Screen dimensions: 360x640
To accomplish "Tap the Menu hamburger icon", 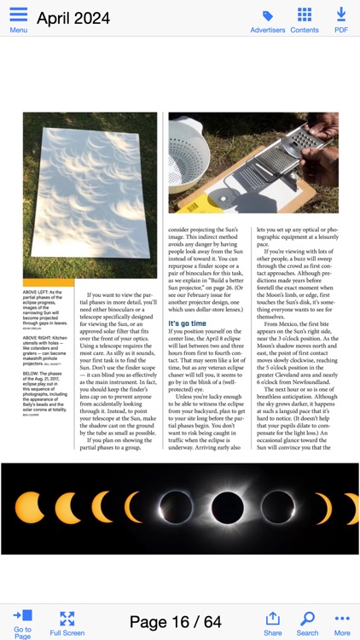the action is coord(18,15).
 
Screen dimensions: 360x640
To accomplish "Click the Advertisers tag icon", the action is coord(268,15).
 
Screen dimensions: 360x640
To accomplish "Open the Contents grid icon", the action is coord(305,15).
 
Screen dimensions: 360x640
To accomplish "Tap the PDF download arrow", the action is coord(341,15).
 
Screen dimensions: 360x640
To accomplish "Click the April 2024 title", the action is coord(73,18).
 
